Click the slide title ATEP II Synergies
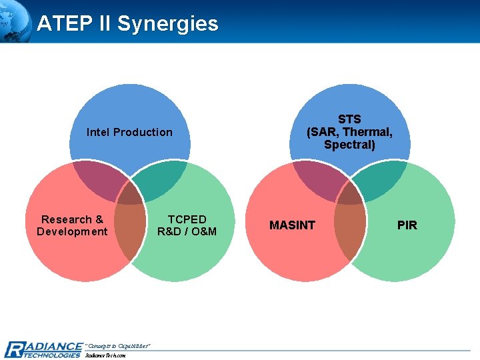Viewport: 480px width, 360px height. click(127, 24)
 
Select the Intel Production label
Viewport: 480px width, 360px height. click(129, 132)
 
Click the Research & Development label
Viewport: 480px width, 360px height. click(72, 225)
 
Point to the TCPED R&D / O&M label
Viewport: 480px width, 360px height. click(187, 225)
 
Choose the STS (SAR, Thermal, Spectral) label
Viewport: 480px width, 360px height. click(349, 132)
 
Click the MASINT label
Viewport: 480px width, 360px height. click(292, 225)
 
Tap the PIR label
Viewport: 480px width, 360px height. click(407, 225)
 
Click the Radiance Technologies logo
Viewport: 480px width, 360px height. click(43, 349)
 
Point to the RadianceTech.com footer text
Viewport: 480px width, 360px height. click(105, 355)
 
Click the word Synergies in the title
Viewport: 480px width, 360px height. click(167, 24)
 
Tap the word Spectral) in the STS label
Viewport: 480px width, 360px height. click(349, 145)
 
